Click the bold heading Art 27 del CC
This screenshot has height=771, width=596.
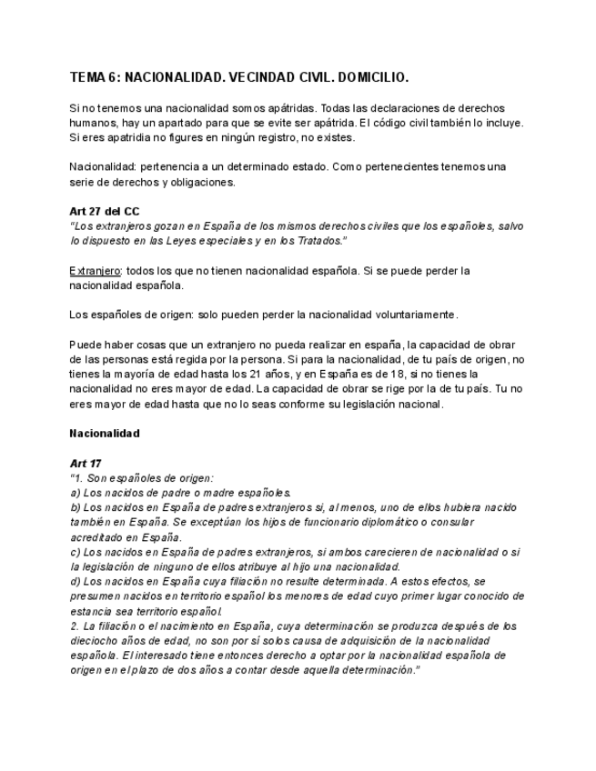[105, 211]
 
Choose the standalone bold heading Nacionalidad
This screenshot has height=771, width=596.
[105, 434]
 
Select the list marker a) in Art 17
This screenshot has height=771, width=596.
[76, 493]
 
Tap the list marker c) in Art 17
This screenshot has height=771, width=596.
[75, 552]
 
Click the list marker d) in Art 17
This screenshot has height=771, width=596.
[76, 581]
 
